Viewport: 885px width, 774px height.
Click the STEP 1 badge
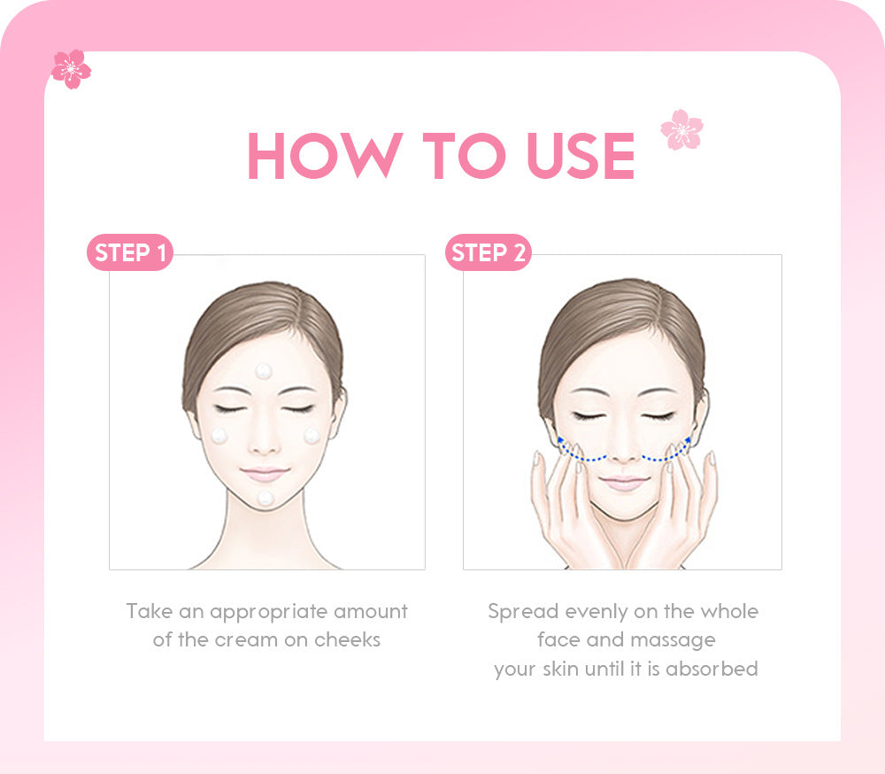(130, 253)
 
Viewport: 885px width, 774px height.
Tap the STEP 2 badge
(488, 253)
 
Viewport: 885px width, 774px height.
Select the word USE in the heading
(581, 157)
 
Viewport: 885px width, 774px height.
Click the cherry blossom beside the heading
(681, 129)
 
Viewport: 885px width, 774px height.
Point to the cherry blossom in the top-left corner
(71, 69)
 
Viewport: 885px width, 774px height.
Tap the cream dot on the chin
(265, 499)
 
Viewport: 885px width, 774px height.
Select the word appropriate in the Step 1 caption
(270, 612)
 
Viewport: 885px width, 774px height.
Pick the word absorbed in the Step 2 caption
(712, 668)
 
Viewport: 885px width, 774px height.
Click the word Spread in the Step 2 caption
(523, 612)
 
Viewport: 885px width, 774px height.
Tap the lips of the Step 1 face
(265, 475)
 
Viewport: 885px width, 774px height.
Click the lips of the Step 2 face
(624, 482)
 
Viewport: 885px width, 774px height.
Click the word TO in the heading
(464, 157)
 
